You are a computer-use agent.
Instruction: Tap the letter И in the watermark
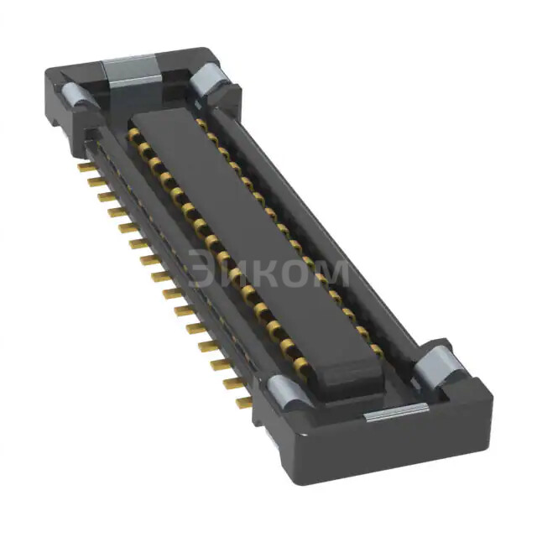pos(239,272)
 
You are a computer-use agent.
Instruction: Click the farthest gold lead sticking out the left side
pos(85,167)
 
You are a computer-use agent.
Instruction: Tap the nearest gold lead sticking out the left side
pos(243,403)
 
